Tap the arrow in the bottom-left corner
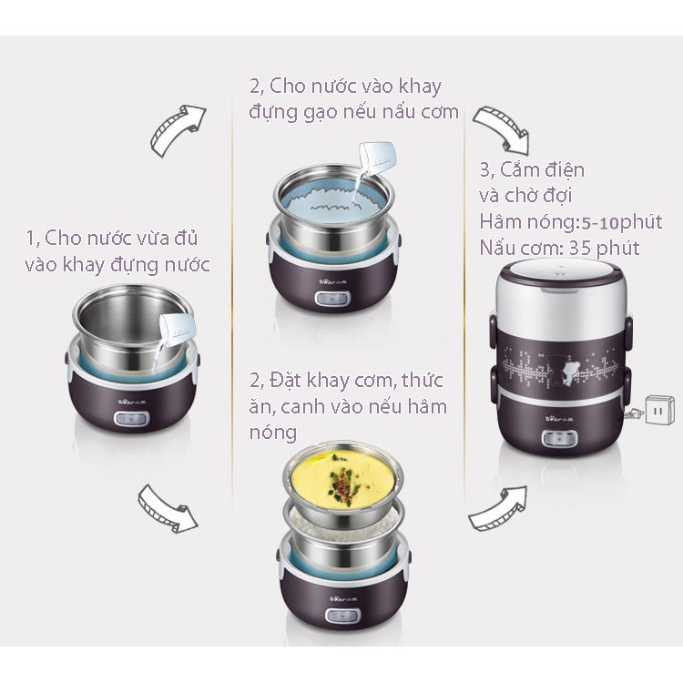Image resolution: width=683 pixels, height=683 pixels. (168, 508)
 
